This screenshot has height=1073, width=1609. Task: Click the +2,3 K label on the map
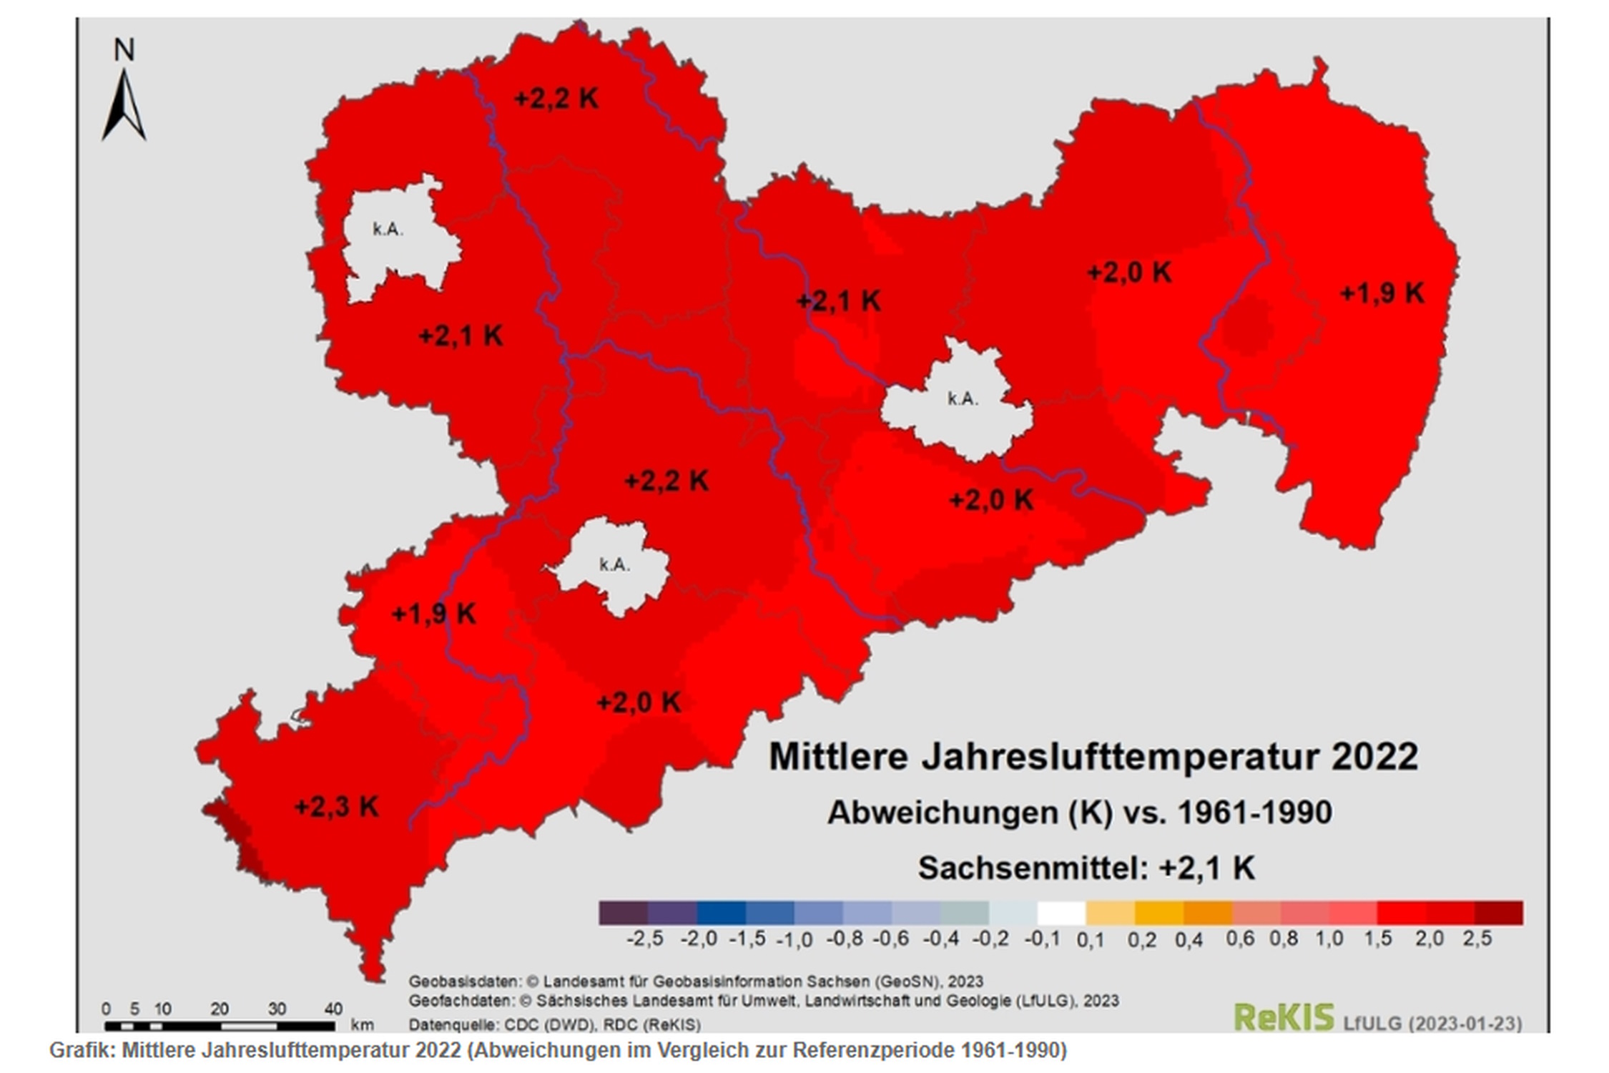pyautogui.click(x=336, y=808)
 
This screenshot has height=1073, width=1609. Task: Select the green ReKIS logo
pyautogui.click(x=1284, y=1016)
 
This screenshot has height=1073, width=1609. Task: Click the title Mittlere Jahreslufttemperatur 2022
pyautogui.click(x=1093, y=757)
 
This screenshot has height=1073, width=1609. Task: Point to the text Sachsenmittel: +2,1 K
pyautogui.click(x=1086, y=868)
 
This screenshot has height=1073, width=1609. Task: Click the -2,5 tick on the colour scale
pyautogui.click(x=645, y=939)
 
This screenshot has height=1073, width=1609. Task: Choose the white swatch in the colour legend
pyautogui.click(x=1061, y=913)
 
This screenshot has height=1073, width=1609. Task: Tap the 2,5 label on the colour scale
pyautogui.click(x=1477, y=939)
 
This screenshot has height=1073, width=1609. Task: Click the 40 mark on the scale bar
pyautogui.click(x=333, y=1009)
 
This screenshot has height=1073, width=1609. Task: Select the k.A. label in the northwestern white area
pyautogui.click(x=388, y=230)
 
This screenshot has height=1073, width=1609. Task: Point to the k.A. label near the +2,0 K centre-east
pyautogui.click(x=963, y=399)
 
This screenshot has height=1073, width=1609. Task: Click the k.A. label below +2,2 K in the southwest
pyautogui.click(x=614, y=565)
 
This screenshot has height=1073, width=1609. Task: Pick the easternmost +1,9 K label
pyautogui.click(x=1382, y=293)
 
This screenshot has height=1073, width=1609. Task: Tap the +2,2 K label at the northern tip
pyautogui.click(x=556, y=99)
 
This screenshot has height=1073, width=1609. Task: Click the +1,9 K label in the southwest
pyautogui.click(x=433, y=614)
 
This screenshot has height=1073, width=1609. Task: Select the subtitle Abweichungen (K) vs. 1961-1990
pyautogui.click(x=1080, y=813)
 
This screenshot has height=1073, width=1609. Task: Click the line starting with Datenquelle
pyautogui.click(x=554, y=1025)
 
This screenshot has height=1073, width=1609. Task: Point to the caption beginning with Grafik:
pyautogui.click(x=558, y=1050)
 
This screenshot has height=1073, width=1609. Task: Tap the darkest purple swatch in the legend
pyautogui.click(x=623, y=913)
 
